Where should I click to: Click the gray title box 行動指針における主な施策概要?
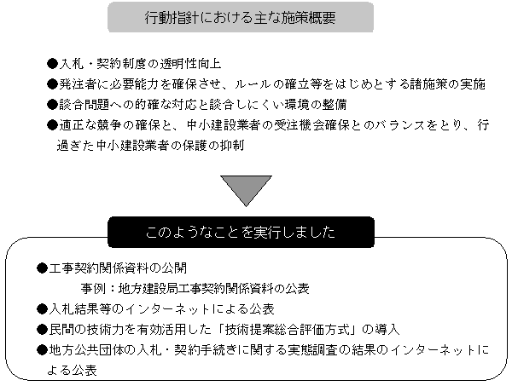tap(241, 17)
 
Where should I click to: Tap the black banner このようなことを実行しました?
tap(241, 232)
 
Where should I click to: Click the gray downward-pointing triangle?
tap(247, 191)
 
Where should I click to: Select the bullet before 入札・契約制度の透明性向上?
tap(52, 64)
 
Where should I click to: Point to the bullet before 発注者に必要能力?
tap(52, 84)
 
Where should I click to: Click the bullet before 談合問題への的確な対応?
tap(52, 105)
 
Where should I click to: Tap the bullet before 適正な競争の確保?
tap(52, 125)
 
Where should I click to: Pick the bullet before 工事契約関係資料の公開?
tap(42, 268)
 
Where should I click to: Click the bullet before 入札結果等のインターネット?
tap(42, 309)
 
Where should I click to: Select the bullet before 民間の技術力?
tap(42, 330)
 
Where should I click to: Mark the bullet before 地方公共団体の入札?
tap(42, 350)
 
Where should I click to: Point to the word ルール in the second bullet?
tap(253, 84)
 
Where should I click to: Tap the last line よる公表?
tap(72, 371)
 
